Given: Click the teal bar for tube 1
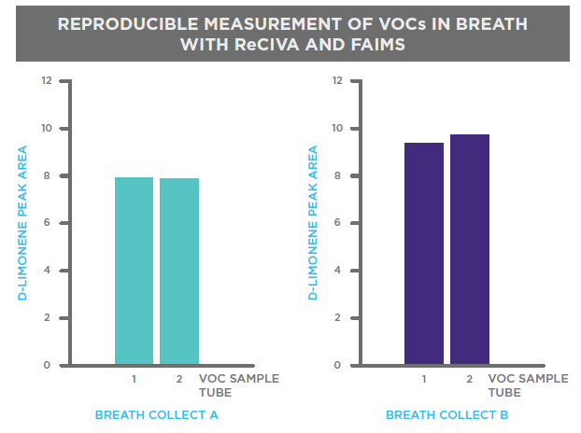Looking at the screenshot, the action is click(x=134, y=271).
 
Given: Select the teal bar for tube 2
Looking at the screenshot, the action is click(x=179, y=272).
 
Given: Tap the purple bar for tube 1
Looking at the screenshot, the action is click(x=424, y=254).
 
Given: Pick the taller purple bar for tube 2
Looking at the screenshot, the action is click(x=470, y=249).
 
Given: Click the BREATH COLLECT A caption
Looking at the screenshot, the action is click(x=157, y=415).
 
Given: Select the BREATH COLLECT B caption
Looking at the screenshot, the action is click(x=446, y=415).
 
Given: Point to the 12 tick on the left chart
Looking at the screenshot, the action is click(x=47, y=80).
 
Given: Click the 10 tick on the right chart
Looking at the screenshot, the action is click(x=337, y=129).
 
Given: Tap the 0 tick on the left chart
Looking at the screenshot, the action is click(x=47, y=365).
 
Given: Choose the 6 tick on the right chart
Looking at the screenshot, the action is click(x=337, y=223).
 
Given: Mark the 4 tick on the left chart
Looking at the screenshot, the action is click(x=47, y=271).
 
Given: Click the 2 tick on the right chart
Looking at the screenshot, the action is click(x=337, y=317).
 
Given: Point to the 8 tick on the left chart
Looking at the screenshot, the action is click(x=47, y=175).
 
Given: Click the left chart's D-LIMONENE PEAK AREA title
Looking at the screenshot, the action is click(x=22, y=223).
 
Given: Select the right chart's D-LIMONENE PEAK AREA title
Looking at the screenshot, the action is click(x=313, y=223).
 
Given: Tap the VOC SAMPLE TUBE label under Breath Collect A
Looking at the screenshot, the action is click(x=239, y=385).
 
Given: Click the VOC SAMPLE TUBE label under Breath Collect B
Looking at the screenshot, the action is click(x=529, y=385).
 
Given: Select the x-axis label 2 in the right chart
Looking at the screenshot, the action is click(x=470, y=379).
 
